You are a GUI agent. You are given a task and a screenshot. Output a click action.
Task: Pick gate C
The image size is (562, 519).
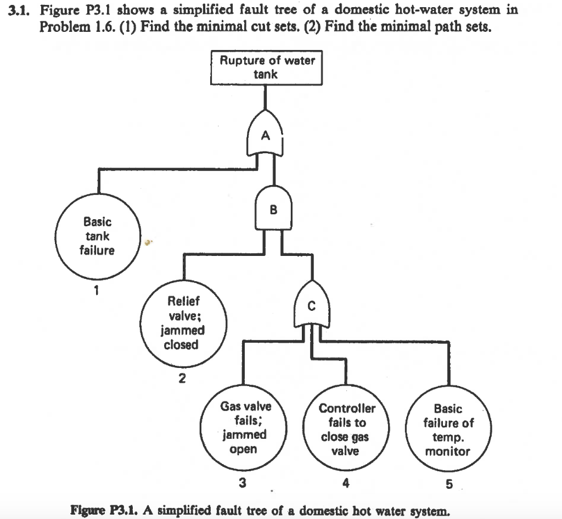coord(312,307)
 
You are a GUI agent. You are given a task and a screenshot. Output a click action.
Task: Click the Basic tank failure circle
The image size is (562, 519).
coord(97,237)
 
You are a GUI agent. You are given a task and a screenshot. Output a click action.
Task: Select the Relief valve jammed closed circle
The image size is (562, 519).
coord(183,323)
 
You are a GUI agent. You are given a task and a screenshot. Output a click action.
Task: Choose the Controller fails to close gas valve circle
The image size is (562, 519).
coord(347,430)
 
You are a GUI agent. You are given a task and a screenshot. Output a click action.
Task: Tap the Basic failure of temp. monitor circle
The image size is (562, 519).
coord(448,430)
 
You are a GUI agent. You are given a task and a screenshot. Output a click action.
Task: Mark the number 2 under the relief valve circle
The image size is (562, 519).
coord(182,378)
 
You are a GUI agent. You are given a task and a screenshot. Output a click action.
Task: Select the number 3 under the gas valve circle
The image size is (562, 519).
coord(243,483)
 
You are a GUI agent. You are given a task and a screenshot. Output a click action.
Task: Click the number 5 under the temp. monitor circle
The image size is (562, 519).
coord(449,484)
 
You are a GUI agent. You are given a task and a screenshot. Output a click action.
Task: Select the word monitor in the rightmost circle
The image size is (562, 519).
coord(448,451)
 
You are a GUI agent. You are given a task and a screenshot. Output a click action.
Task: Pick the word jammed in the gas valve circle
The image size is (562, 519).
coord(245,435)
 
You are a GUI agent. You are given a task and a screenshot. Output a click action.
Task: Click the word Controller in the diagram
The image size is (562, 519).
coord(347,409)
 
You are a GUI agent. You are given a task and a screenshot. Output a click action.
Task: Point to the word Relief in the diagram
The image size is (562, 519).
coord(183,302)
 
